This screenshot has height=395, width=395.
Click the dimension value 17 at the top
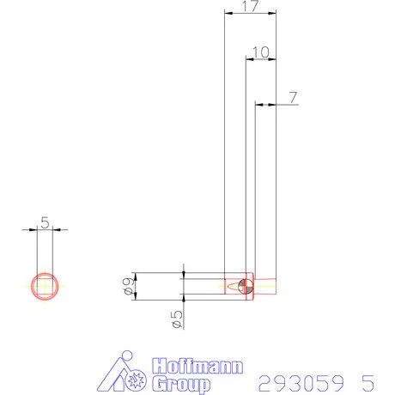250,7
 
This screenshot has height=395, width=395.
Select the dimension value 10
261,52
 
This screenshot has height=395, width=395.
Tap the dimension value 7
293,98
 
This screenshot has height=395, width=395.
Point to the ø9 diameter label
129,287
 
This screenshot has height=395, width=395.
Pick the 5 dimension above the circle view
45,222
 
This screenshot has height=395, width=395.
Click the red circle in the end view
45,285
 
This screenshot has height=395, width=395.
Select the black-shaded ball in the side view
246,286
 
